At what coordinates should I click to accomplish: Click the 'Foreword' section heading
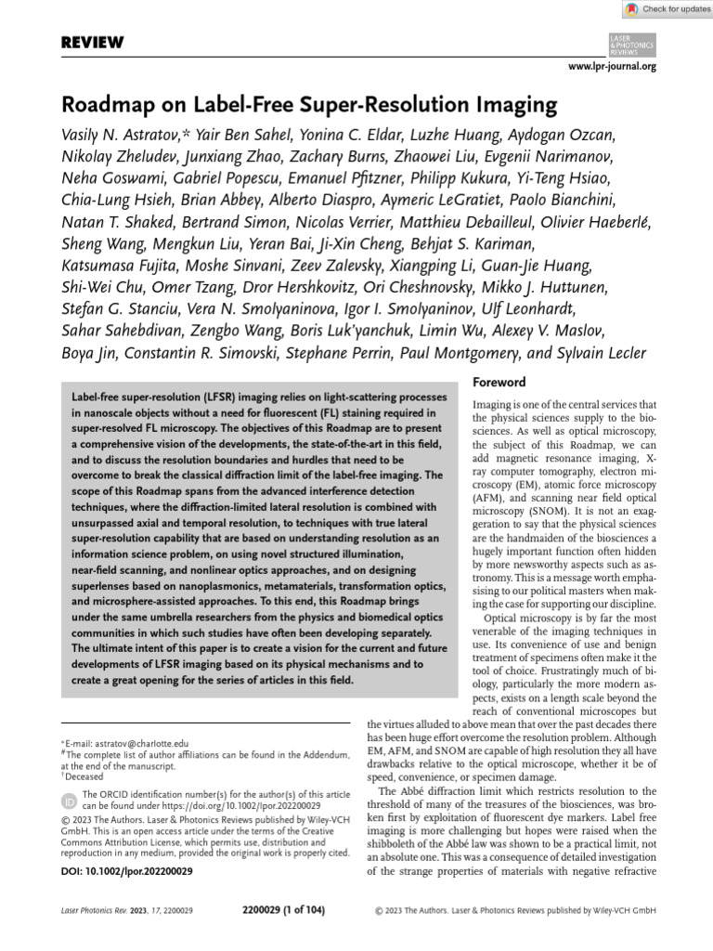tap(499, 382)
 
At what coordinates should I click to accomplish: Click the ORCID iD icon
tap(69, 800)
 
